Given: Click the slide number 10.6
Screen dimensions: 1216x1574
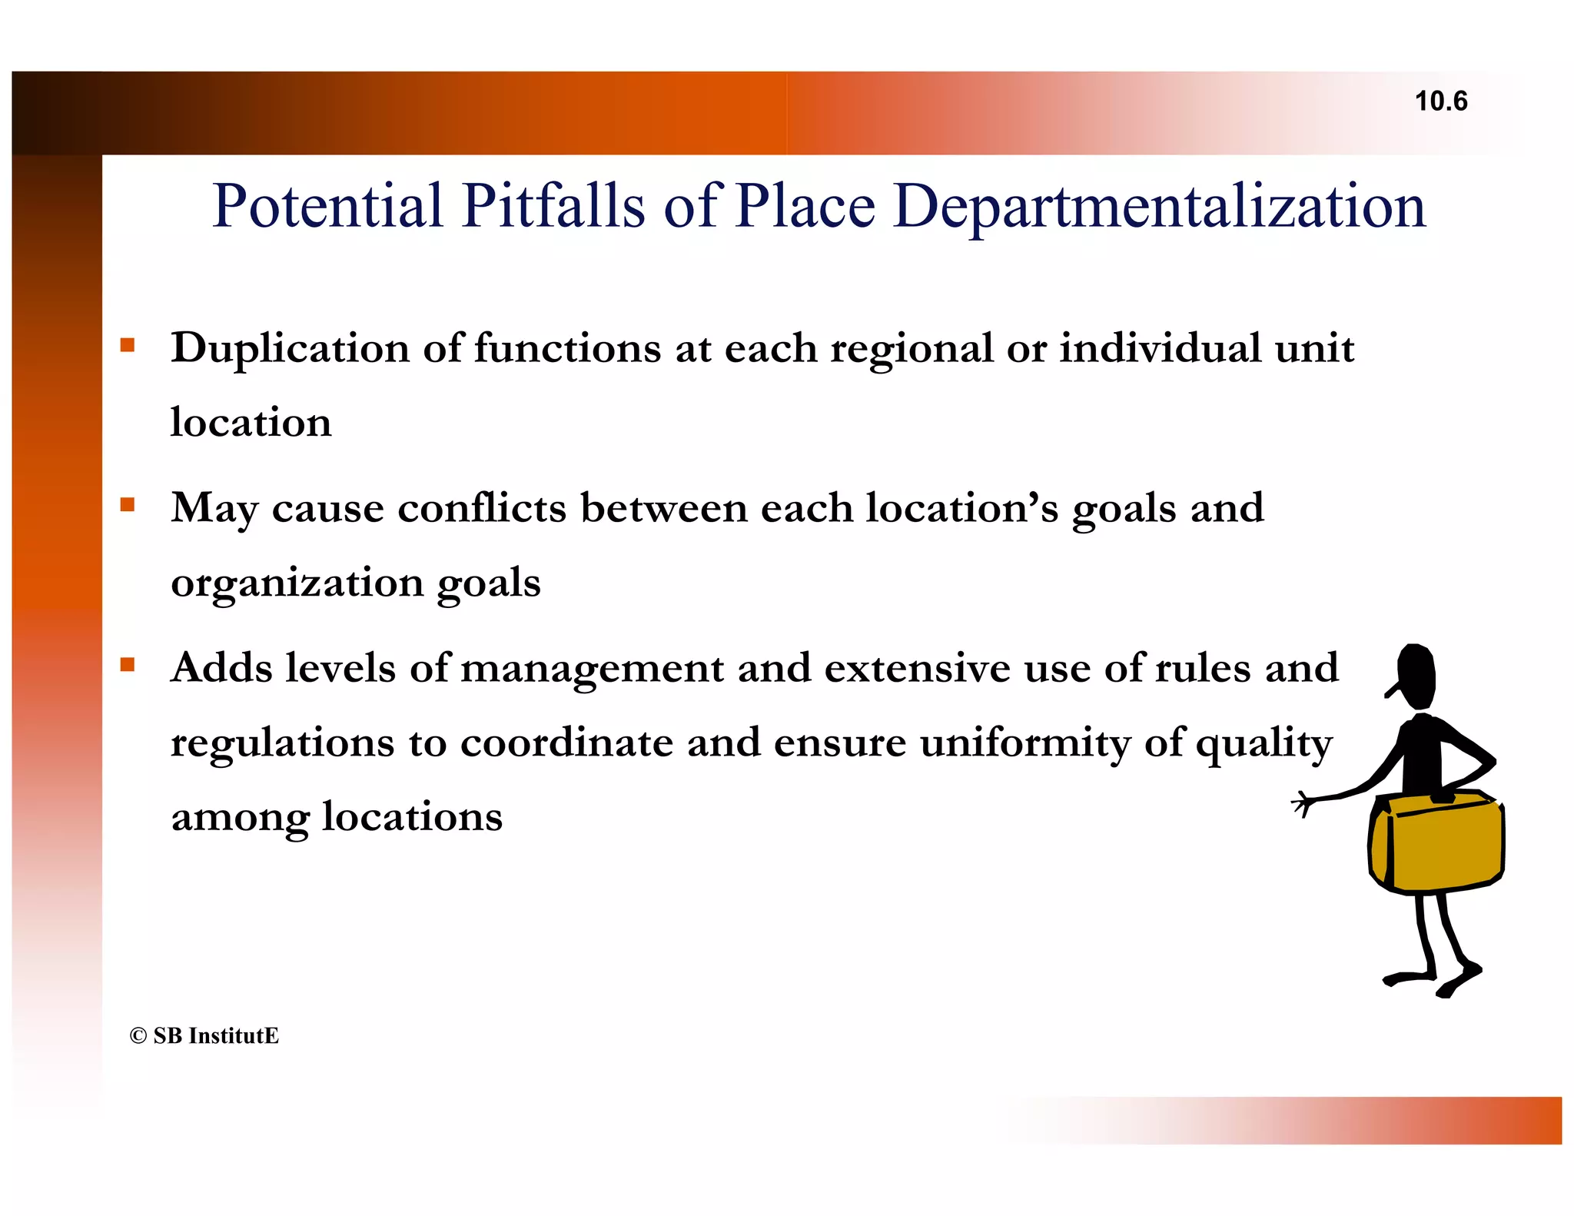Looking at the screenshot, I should pos(1441,101).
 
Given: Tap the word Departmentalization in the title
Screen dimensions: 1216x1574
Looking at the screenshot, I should pos(1159,208).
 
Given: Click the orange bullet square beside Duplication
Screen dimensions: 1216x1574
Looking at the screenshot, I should pos(128,345).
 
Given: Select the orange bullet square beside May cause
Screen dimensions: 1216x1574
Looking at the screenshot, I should pos(128,505).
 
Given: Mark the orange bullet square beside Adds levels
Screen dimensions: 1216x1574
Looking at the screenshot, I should pos(128,665).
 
